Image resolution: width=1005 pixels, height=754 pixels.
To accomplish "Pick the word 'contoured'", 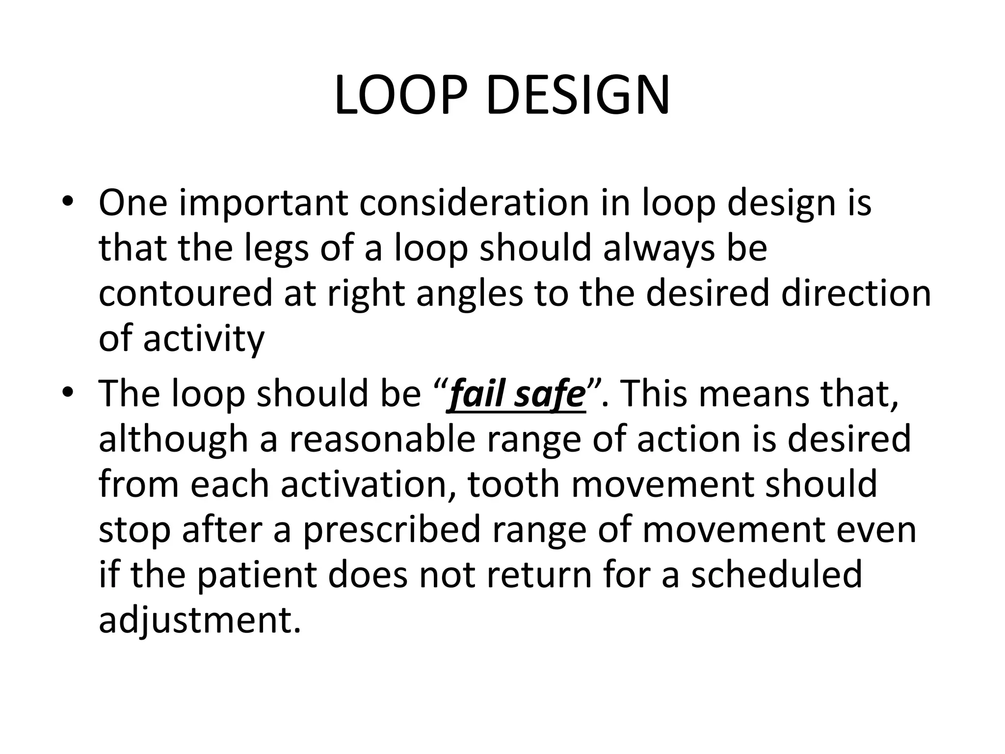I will point(185,293).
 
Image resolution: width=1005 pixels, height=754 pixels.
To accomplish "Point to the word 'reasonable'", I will point(382,439).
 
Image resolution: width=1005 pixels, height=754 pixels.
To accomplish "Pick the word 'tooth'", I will point(514,484).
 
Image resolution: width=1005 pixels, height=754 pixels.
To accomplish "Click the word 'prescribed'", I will point(391,530).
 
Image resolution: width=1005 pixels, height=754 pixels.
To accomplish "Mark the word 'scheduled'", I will point(776,574).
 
